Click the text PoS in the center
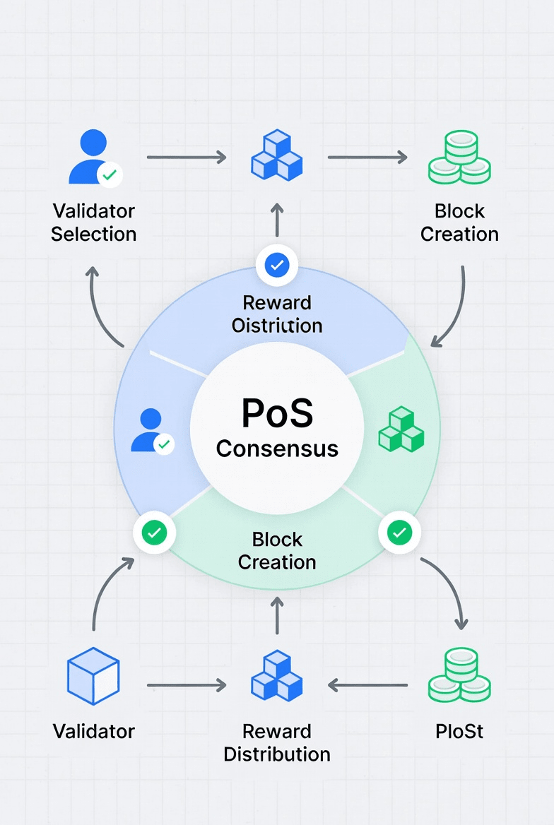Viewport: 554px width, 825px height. pyautogui.click(x=277, y=413)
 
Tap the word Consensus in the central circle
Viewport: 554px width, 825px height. pyautogui.click(x=277, y=449)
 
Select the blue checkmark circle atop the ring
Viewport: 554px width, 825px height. pyautogui.click(x=277, y=266)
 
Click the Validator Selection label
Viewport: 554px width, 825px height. pyautogui.click(x=93, y=222)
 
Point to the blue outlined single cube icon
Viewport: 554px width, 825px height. pyautogui.click(x=93, y=676)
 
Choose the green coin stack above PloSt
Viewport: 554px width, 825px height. pyautogui.click(x=459, y=676)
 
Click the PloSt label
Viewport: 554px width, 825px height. pyautogui.click(x=459, y=731)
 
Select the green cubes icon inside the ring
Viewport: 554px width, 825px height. pyautogui.click(x=401, y=429)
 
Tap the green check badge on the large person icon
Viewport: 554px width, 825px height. pyautogui.click(x=110, y=174)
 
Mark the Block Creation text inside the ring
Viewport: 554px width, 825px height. pyautogui.click(x=277, y=551)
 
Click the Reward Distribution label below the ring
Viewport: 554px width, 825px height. pyautogui.click(x=277, y=742)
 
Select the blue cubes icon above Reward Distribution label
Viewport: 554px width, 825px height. pyautogui.click(x=277, y=676)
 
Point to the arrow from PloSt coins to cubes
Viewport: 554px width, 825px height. pyautogui.click(x=367, y=684)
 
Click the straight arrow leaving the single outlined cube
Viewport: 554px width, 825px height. pyautogui.click(x=186, y=684)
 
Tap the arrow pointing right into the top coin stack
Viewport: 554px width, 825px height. pyautogui.click(x=367, y=158)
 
